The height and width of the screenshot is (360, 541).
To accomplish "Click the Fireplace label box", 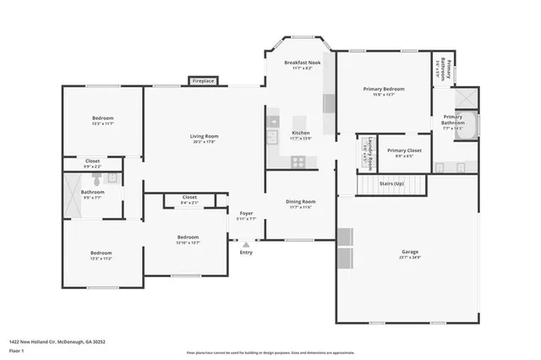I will click(203, 80).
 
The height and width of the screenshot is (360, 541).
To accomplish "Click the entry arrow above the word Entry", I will click(246, 243).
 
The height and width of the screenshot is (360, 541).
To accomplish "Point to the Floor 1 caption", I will click(18, 350).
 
